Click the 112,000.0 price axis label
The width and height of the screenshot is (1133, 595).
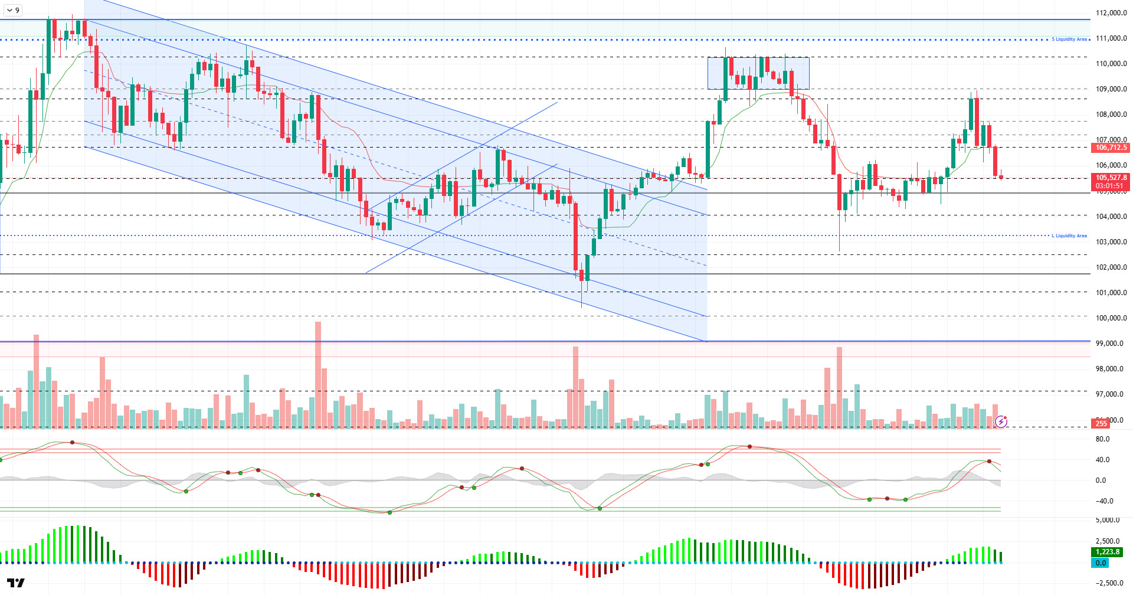point(1111,13)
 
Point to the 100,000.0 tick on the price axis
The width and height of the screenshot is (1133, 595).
point(1111,318)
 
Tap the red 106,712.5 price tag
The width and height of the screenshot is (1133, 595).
point(1111,148)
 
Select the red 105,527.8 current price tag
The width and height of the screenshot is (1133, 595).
point(1111,178)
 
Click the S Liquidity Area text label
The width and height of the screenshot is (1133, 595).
point(1069,40)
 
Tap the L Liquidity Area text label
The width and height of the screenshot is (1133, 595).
point(1069,236)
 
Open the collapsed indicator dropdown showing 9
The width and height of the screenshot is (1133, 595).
point(12,10)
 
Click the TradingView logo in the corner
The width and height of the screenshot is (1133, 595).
point(16,583)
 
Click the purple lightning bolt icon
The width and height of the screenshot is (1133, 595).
point(1001,421)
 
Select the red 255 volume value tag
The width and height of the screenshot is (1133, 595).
point(1101,423)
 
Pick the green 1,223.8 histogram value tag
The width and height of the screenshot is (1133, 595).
point(1107,552)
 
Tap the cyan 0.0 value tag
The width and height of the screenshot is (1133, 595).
point(1101,563)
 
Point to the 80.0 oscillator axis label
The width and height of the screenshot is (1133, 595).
point(1102,439)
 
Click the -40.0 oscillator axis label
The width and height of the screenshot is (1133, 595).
point(1101,501)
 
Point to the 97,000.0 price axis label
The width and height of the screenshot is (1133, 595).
point(1111,394)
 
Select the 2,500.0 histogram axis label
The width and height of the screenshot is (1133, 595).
point(1108,541)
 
